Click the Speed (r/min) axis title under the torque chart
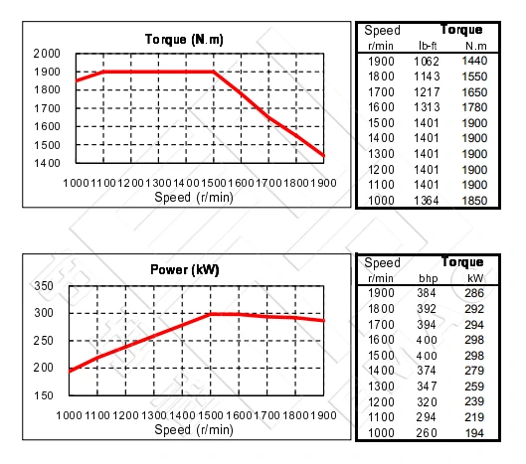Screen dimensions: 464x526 pos(198,197)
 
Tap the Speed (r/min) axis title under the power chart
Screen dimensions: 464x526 pos(198,430)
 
